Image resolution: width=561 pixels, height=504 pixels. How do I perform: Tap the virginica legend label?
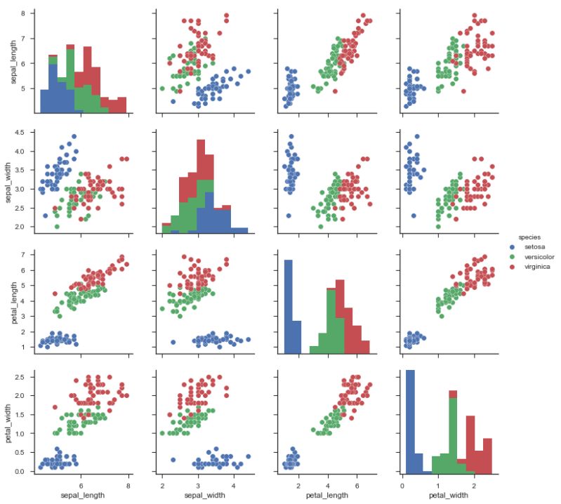533,267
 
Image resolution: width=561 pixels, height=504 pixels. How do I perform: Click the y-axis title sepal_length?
7,61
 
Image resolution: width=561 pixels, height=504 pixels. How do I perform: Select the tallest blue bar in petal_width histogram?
410,421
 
